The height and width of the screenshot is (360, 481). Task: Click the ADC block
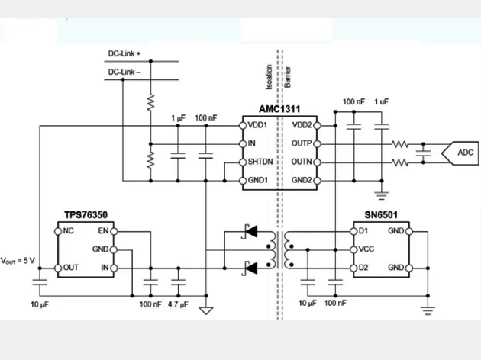(x=465, y=153)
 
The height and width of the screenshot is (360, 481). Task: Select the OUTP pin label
(x=302, y=143)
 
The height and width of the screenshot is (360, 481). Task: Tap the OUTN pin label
(x=302, y=162)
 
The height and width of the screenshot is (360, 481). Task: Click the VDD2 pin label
(x=302, y=125)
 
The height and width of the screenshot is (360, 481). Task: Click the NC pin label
(x=69, y=230)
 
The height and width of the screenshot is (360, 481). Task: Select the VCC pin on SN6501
(x=366, y=249)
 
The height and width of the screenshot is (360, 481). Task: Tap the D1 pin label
(x=363, y=230)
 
